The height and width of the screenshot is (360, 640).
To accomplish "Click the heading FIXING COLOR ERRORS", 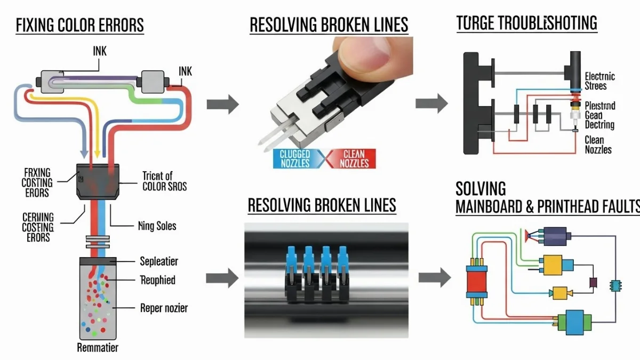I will coord(80,25).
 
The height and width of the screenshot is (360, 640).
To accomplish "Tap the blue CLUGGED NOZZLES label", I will coord(294,158).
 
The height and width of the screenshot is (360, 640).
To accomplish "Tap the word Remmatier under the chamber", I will coord(98,348).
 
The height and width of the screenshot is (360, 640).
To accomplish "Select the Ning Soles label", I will coord(157,226).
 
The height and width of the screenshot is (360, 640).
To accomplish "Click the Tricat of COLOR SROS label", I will coord(165,181).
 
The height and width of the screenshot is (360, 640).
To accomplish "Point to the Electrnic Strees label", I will coord(599,81).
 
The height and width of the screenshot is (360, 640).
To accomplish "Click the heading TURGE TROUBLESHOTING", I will coord(526,23).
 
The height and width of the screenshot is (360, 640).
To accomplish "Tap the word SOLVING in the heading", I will coord(481,188).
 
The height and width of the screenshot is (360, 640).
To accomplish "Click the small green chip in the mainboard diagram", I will coord(617,285).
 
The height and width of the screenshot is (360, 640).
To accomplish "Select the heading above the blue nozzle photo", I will coord(322,205).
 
